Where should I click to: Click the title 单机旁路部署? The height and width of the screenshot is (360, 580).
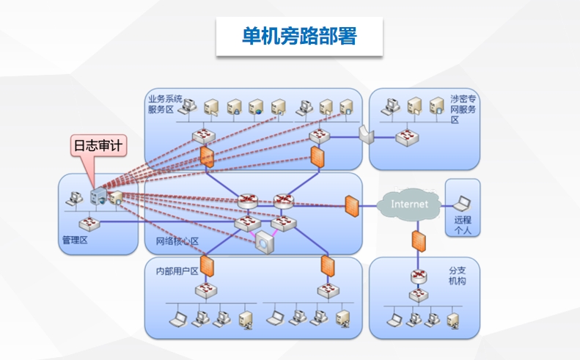(x=299, y=36)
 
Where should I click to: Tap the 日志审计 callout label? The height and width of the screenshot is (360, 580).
(x=98, y=145)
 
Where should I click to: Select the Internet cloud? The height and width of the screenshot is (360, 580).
(x=409, y=205)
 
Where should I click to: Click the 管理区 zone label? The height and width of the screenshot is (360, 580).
(x=75, y=240)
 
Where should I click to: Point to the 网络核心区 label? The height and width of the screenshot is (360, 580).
(x=177, y=241)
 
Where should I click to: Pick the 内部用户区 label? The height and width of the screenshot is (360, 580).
(x=177, y=271)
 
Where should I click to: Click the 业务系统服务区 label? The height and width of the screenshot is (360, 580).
(x=165, y=104)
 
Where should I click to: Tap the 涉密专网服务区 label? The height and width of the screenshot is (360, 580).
(x=463, y=109)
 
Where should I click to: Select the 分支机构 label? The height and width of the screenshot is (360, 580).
(x=458, y=276)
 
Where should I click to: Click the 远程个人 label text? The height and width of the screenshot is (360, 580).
(x=463, y=225)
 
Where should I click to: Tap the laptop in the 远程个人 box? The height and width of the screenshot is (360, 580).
(x=462, y=204)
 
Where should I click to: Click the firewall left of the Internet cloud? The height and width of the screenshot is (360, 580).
(x=352, y=206)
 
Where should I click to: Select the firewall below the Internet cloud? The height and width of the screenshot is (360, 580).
(x=419, y=241)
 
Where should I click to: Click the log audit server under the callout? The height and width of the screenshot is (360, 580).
(x=99, y=196)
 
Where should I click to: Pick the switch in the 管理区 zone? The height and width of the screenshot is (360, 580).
(x=89, y=224)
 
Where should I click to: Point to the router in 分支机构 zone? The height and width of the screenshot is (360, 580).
(x=419, y=276)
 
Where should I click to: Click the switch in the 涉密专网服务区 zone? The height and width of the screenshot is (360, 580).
(x=407, y=138)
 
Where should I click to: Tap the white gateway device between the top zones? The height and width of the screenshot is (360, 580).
(x=366, y=135)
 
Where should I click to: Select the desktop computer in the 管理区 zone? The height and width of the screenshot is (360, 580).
(x=74, y=199)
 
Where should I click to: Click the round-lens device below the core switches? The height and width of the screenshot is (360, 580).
(x=265, y=243)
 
